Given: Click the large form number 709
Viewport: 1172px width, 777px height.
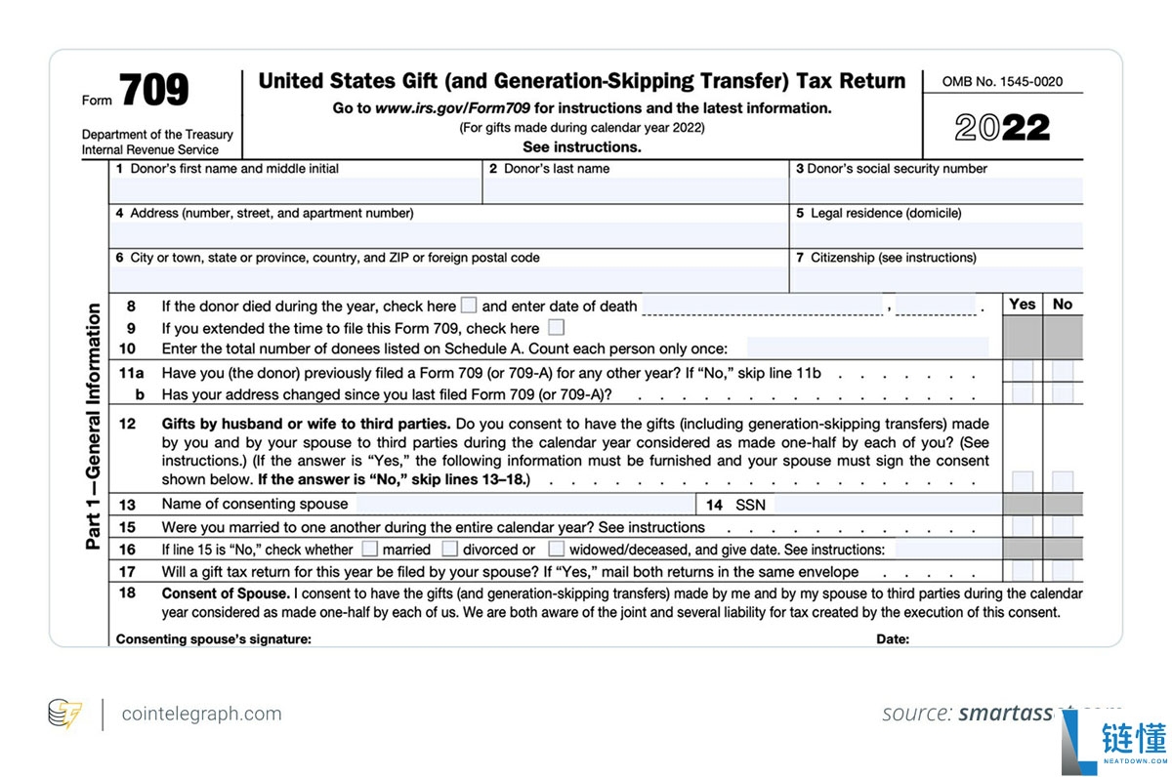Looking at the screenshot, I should coord(155,92).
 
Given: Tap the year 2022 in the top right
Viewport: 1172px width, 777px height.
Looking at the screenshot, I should coord(1002,128).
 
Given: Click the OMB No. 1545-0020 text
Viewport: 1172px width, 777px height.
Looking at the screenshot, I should coord(1002,82).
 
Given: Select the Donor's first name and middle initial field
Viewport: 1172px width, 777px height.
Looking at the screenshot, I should coord(296,190).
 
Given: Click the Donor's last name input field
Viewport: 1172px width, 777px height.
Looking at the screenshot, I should coord(635,190).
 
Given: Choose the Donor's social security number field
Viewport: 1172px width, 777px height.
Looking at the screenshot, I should coord(936,190).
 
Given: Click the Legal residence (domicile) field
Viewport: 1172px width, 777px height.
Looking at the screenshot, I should coord(936,235).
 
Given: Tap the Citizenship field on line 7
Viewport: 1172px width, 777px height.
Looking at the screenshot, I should coord(936,280).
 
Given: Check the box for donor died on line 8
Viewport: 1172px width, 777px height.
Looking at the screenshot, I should coord(469,306).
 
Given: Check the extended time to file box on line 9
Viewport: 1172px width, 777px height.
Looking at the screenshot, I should coord(556,328).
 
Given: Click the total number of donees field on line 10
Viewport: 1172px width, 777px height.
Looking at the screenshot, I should coord(867,348).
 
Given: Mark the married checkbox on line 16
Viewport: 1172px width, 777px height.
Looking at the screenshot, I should coord(370,550).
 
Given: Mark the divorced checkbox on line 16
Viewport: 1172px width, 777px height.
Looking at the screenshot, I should coord(450,550).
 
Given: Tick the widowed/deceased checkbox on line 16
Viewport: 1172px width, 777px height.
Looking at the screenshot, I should coord(556,550).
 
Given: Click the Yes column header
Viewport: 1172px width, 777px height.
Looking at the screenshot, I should coord(1023,305).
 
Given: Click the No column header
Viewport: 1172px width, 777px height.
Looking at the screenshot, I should coord(1063,305).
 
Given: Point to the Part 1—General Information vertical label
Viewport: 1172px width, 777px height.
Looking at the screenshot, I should coord(94,427).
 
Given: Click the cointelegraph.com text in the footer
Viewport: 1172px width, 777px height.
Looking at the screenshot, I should coord(201,715).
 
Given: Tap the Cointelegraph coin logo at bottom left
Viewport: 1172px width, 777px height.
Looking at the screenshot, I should coord(65,715).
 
